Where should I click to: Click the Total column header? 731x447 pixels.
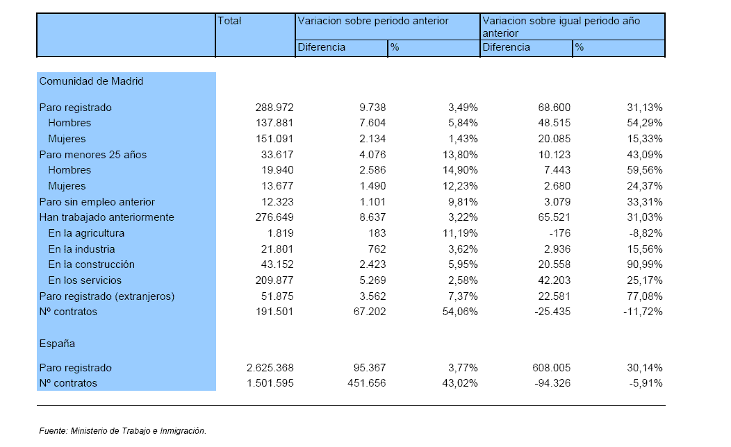tap(229, 21)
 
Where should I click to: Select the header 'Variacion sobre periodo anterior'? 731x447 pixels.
tap(373, 21)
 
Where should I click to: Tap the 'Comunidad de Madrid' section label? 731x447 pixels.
tap(92, 81)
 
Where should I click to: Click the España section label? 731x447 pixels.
tap(57, 344)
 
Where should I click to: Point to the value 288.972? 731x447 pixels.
tap(274, 108)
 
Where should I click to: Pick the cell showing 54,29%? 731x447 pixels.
tap(644, 123)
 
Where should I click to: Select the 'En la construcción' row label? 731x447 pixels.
tap(92, 264)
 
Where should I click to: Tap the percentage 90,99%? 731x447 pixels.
tap(644, 264)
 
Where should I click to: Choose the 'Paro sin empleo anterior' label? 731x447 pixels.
tap(97, 202)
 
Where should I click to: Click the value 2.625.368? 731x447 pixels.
tap(270, 368)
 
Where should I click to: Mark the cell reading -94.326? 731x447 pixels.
tap(552, 383)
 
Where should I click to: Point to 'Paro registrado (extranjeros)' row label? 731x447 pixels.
tap(107, 296)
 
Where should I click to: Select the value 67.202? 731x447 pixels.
tap(370, 312)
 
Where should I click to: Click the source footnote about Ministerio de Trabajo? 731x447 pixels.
tap(122, 431)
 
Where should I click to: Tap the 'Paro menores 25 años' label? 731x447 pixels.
tap(93, 155)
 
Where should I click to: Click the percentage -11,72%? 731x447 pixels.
tap(643, 312)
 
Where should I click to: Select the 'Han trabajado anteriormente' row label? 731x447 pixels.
tap(107, 217)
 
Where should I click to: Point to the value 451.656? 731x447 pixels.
tap(367, 383)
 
